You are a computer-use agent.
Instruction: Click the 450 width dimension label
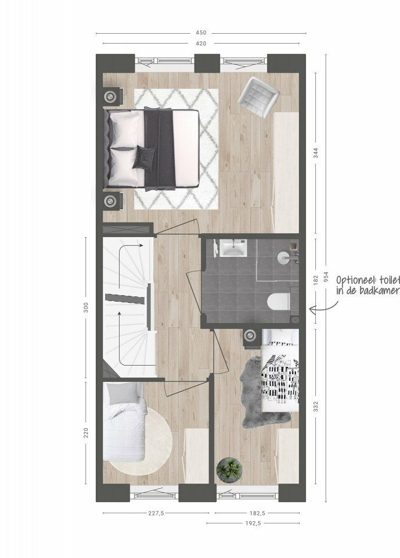(201, 33)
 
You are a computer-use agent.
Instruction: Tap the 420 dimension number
(201, 44)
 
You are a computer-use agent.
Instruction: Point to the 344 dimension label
(316, 152)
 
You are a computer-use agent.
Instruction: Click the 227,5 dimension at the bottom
(156, 513)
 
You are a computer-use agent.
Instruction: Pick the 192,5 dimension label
(253, 523)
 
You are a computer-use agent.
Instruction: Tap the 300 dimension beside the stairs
(85, 307)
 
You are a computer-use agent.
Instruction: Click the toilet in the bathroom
(279, 302)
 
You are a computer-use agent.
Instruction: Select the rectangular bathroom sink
(233, 248)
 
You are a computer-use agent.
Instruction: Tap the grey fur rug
(261, 391)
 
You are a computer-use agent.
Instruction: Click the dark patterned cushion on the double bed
(144, 158)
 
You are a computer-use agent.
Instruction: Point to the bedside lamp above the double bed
(110, 96)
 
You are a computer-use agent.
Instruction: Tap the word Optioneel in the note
(355, 280)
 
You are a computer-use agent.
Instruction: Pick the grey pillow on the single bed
(122, 394)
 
